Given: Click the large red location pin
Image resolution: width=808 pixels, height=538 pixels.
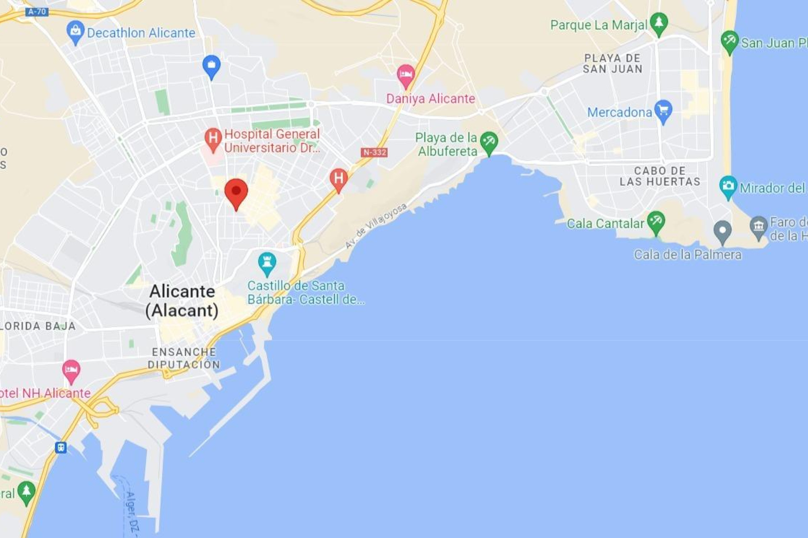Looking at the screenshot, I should point(236,192).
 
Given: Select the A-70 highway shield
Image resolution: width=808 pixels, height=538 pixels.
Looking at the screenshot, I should point(37,12).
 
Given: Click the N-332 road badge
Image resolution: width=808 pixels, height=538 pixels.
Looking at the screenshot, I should point(374,152).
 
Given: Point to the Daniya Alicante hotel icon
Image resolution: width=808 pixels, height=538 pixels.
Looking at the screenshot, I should point(406,75).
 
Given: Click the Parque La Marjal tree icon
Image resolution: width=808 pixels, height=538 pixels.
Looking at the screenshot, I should point(659,23).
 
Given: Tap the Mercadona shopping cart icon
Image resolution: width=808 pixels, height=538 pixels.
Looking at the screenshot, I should point(663,111).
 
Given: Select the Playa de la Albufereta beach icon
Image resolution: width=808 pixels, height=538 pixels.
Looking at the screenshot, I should point(489,142).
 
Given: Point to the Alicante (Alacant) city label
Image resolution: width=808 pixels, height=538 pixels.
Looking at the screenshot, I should point(182,301).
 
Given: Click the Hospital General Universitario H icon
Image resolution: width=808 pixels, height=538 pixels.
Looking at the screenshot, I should point(213,138).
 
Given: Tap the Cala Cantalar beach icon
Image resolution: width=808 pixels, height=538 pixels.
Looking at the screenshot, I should point(656,222).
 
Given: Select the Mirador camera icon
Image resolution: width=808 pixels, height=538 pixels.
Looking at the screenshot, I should point(728,186).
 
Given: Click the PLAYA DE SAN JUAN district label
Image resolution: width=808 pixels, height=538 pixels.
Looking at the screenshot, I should point(612,64).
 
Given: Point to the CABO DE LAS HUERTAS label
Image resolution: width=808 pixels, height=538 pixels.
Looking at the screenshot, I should point(659,176).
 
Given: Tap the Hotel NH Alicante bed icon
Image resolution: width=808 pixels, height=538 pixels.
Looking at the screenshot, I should point(71,370).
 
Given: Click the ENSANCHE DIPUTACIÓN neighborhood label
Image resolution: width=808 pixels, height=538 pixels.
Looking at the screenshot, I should point(184,358).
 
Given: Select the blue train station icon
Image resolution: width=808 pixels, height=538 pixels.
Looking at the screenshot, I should point(61,447).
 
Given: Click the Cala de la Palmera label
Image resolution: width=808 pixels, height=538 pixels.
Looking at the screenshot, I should point(688,255).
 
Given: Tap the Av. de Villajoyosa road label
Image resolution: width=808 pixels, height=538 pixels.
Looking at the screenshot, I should point(376,226).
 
